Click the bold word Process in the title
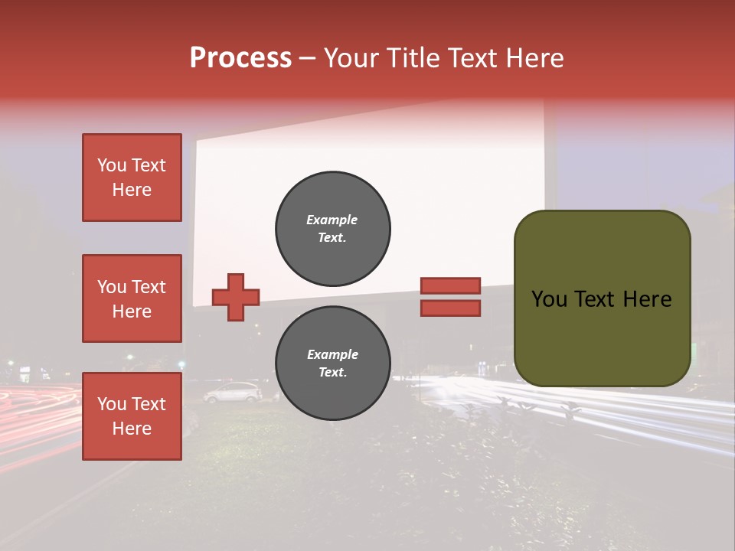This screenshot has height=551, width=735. click(240, 58)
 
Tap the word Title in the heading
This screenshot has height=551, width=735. click(412, 58)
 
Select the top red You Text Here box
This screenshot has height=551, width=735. click(132, 178)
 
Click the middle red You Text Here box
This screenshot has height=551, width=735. click(132, 298)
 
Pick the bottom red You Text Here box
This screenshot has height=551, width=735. click(132, 416)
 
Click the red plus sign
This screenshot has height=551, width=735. click(236, 297)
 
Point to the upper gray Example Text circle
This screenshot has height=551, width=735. click(332, 229)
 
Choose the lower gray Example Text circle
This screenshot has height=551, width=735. click(332, 364)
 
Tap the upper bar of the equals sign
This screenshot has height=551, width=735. click(450, 285)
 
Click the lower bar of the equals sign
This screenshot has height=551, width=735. click(450, 308)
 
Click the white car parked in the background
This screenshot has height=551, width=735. click(232, 393)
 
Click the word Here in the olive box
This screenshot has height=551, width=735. click(647, 299)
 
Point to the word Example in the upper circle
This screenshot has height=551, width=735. click(332, 220)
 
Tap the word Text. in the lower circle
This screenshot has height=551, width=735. click(332, 373)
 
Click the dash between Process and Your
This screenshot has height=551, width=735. click(308, 59)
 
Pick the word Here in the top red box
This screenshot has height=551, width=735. click(132, 190)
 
